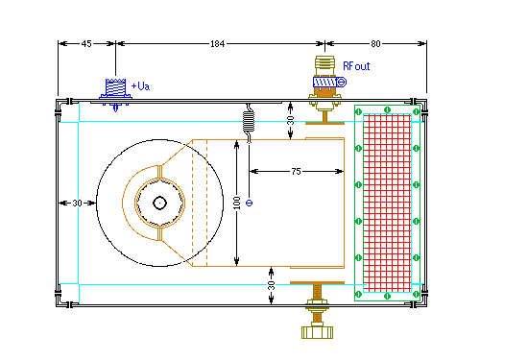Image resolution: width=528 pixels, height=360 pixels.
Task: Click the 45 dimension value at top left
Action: tap(86, 44)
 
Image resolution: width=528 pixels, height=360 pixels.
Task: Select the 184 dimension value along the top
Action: tap(218, 44)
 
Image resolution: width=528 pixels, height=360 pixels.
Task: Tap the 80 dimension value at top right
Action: tap(375, 44)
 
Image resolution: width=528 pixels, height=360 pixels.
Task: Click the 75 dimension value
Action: tap(296, 172)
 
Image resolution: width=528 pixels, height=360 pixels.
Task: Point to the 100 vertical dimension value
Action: tap(237, 203)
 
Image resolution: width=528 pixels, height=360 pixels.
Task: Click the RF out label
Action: tap(356, 66)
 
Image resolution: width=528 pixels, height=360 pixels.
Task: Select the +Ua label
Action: tap(140, 86)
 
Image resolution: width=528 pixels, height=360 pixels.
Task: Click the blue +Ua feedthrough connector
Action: tap(115, 94)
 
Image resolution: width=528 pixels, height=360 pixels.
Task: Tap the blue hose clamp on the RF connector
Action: tap(329, 82)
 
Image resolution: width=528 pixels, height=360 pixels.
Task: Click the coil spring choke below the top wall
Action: tap(249, 122)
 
